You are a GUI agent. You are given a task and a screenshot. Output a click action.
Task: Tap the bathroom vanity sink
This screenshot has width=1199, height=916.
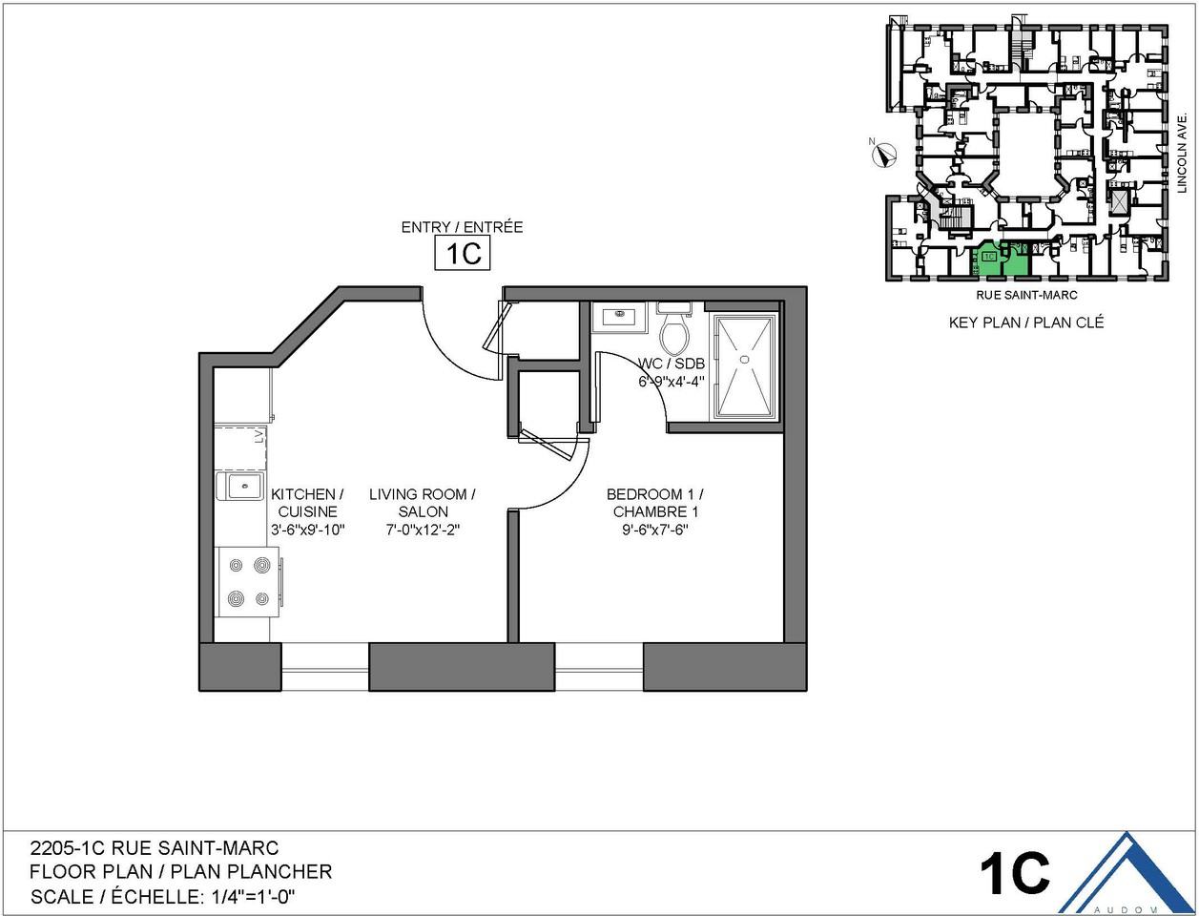point(619,316)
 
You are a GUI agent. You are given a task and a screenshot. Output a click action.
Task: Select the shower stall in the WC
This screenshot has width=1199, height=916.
point(746,365)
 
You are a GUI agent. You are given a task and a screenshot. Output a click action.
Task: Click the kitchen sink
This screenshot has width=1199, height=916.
point(241,486)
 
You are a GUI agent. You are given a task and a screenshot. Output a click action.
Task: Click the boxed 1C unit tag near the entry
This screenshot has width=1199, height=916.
point(463,255)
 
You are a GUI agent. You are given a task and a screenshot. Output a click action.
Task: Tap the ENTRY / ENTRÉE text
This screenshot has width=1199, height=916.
point(462,227)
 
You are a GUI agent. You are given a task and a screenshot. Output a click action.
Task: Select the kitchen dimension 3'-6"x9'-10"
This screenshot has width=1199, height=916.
point(307,530)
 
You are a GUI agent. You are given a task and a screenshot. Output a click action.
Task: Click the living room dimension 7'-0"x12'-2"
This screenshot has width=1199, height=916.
point(423,530)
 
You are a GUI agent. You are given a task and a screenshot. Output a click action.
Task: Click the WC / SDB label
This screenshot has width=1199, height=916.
point(672,364)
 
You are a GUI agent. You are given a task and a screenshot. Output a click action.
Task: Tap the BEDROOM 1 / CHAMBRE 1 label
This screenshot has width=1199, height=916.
point(654,503)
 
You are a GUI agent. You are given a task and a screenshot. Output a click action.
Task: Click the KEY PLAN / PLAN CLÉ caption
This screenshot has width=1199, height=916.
point(1025,323)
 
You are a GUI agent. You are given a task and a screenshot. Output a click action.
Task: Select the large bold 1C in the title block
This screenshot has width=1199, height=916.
point(1014,871)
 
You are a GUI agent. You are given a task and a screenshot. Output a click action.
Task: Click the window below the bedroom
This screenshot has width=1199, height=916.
point(599,666)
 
